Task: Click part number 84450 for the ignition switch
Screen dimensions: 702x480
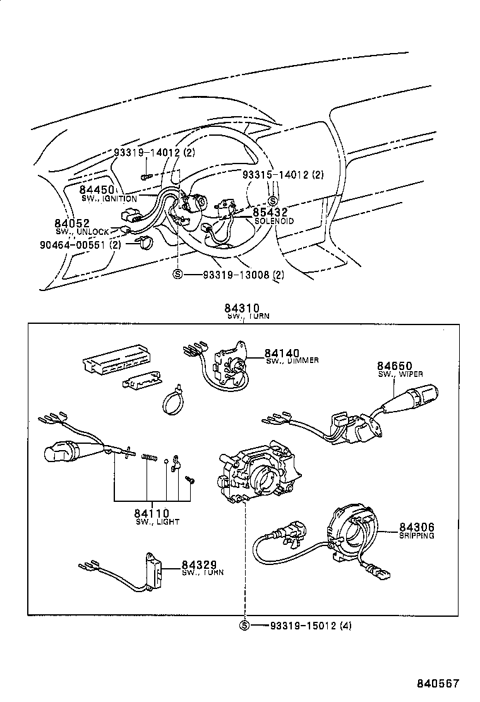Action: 96,189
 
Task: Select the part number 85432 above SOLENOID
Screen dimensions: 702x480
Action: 270,213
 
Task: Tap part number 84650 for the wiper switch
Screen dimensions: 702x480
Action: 395,366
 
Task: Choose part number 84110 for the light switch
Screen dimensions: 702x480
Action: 151,513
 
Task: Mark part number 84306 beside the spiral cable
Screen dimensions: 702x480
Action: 416,527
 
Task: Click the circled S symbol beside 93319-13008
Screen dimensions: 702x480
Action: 177,274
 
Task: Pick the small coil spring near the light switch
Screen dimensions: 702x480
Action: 149,456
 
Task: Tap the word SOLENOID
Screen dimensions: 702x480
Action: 274,222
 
